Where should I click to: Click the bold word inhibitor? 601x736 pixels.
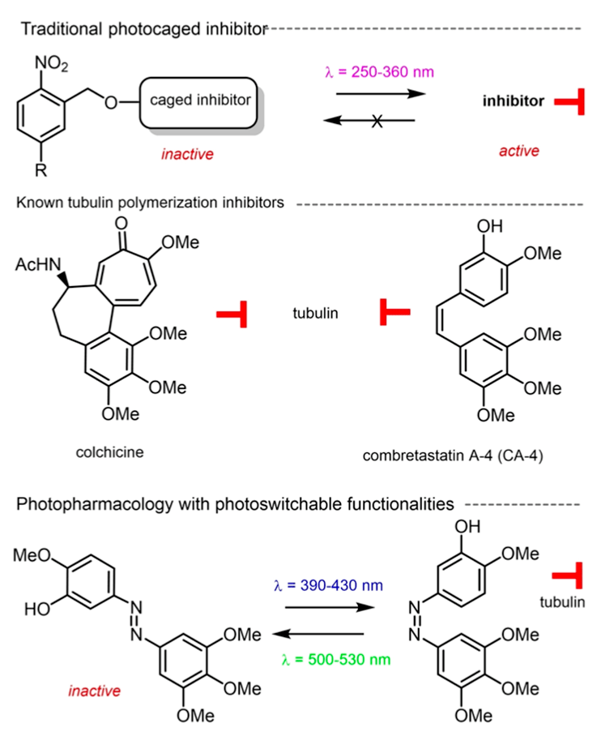(513, 102)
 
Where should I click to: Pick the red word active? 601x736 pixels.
(522, 151)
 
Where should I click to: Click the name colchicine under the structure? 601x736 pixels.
(110, 452)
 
